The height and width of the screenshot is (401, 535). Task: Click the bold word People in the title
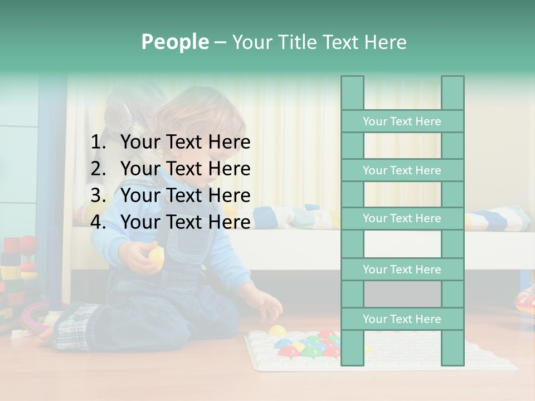(x=174, y=42)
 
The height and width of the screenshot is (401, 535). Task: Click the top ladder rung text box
(x=402, y=121)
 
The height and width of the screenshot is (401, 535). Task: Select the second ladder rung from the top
(x=402, y=170)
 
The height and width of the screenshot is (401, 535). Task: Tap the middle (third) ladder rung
(x=402, y=218)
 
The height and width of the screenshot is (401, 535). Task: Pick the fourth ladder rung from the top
(x=402, y=270)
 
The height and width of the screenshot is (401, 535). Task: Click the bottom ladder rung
(x=402, y=319)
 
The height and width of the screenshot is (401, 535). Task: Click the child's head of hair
(x=201, y=111)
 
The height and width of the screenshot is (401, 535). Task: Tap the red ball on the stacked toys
(x=28, y=243)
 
